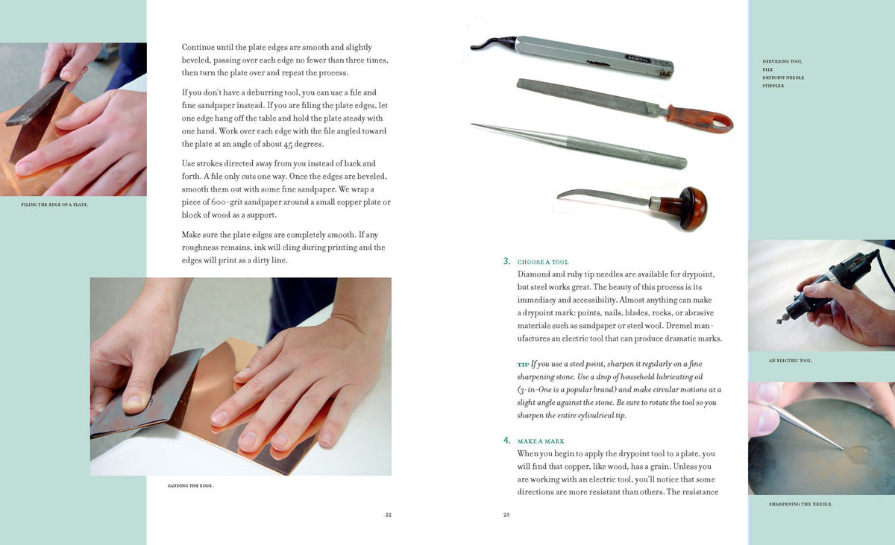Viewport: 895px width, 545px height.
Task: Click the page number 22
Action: click(388, 514)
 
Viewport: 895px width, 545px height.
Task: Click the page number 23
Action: click(506, 514)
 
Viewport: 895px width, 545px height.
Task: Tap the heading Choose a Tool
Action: click(543, 262)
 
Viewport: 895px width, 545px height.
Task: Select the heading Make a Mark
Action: click(541, 441)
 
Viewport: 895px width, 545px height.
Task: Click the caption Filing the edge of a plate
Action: click(54, 204)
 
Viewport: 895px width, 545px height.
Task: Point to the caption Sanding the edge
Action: click(190, 486)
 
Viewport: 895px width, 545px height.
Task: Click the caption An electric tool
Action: click(791, 361)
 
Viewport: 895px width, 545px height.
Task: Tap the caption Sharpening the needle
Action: click(800, 504)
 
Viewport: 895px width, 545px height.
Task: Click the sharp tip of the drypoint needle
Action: click(473, 125)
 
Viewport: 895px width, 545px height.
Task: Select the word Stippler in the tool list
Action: click(773, 86)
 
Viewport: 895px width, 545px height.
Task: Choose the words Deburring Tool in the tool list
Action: click(782, 61)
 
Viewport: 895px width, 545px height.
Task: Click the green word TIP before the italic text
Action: click(523, 365)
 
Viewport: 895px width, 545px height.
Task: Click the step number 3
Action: click(506, 261)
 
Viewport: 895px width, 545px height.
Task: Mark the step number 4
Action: click(506, 441)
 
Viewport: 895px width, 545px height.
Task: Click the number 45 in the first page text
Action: click(288, 145)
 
